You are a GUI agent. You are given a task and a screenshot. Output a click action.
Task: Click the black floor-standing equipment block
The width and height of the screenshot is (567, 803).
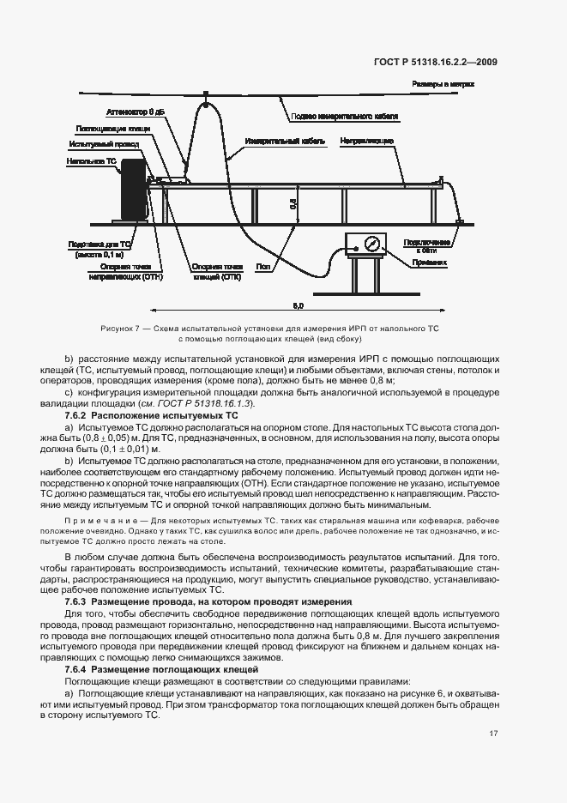[132, 190]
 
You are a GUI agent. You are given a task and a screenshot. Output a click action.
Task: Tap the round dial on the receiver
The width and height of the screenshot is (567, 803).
[371, 244]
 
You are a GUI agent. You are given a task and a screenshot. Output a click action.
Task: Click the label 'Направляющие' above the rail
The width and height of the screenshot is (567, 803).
[366, 140]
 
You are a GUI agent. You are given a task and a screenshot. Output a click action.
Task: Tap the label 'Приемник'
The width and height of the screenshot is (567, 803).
[430, 263]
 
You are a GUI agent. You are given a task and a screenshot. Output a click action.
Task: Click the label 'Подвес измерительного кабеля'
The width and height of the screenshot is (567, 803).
[344, 116]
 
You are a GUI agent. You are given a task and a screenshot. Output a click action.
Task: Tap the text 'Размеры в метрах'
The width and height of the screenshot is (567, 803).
[443, 84]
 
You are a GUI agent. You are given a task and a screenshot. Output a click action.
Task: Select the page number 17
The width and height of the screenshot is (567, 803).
[493, 733]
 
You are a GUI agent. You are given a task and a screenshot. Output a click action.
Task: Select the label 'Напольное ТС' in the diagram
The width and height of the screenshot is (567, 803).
[91, 160]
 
